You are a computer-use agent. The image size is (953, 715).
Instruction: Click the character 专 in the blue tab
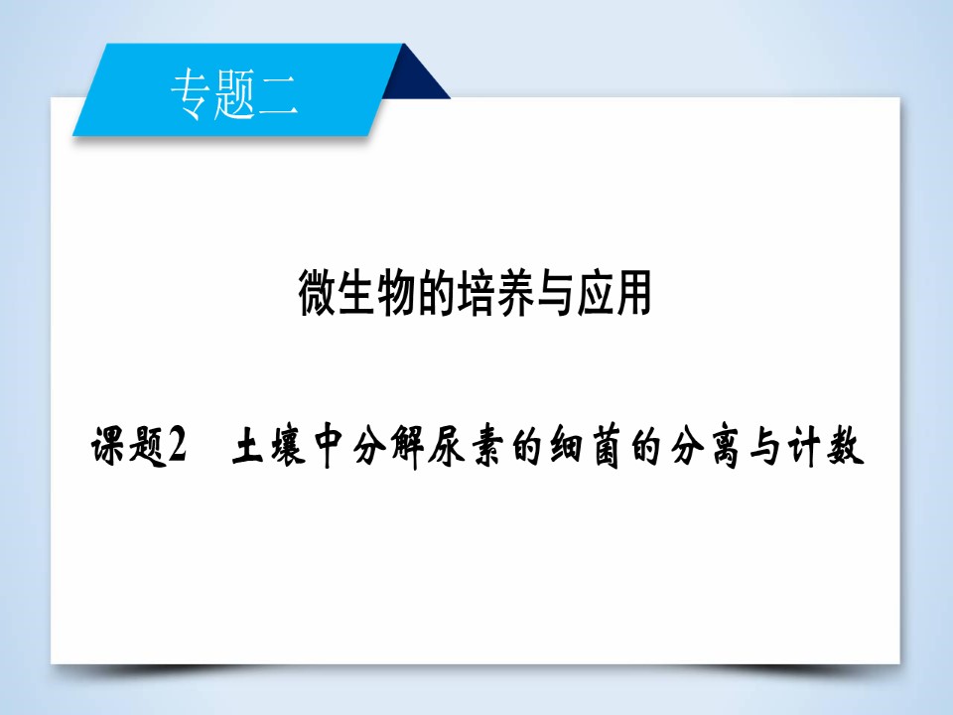(x=190, y=96)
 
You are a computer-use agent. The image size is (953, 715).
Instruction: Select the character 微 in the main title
(x=319, y=294)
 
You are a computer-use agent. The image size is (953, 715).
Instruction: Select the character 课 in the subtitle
(x=111, y=448)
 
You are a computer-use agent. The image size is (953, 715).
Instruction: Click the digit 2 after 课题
(x=178, y=448)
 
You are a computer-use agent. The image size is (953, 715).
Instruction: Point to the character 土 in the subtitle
(x=249, y=448)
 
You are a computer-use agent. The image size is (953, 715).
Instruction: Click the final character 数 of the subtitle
(x=845, y=448)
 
